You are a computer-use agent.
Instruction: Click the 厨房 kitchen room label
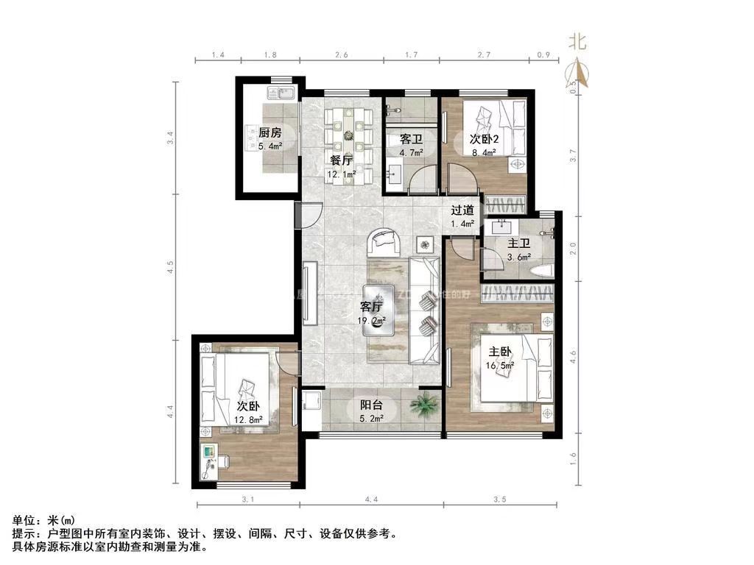(269, 133)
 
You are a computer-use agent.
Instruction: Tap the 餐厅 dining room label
(341, 160)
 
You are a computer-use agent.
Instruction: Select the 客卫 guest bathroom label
(411, 139)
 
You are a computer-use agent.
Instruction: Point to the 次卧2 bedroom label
(484, 138)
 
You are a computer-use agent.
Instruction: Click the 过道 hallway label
(462, 209)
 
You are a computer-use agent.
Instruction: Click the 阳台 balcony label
(370, 404)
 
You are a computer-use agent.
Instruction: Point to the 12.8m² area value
(248, 421)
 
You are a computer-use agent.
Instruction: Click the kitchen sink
(279, 93)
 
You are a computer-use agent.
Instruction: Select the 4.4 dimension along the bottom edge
(371, 500)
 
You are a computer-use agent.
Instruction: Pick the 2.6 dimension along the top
(342, 56)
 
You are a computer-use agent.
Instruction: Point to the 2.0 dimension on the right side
(573, 248)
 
